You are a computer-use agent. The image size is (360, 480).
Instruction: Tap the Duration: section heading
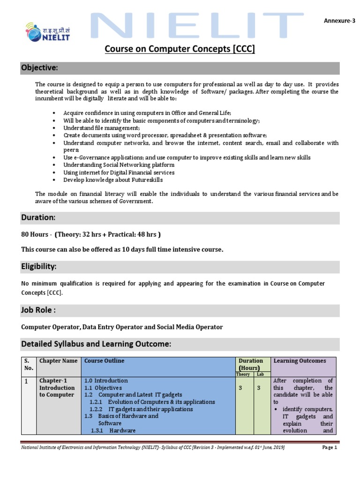point(38,217)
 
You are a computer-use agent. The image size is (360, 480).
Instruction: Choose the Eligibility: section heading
point(39,267)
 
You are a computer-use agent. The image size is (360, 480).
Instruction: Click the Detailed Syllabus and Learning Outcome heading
point(97,344)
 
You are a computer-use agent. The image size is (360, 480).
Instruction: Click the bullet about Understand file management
point(102,128)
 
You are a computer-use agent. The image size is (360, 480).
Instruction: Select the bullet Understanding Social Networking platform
point(119,165)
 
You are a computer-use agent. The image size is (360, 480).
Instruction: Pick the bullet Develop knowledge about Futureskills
point(113,180)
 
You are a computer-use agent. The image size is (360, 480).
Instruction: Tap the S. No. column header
point(27,364)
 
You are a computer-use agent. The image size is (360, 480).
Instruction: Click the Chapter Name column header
point(59,361)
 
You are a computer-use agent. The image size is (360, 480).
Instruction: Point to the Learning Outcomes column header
point(300,361)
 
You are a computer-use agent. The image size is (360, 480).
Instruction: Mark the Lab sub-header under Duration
point(261,374)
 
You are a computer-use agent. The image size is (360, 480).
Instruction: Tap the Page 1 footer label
point(330,448)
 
